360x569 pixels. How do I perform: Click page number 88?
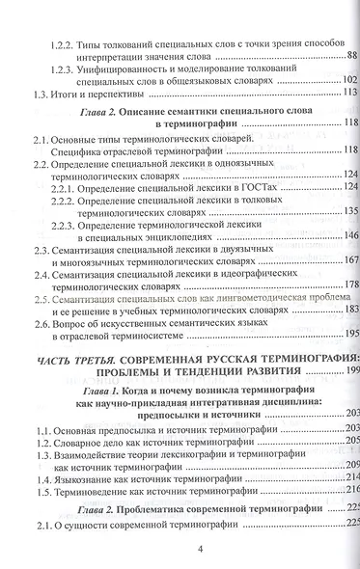click(x=351, y=56)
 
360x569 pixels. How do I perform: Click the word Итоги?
click(x=69, y=95)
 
